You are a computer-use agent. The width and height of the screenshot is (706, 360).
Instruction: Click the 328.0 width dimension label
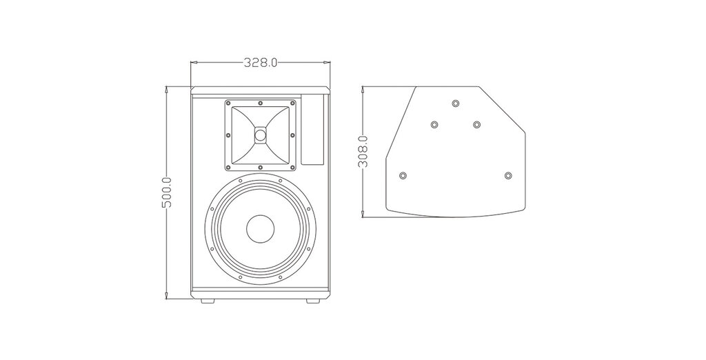(260, 62)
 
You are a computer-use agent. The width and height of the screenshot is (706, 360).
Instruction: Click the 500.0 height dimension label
(167, 192)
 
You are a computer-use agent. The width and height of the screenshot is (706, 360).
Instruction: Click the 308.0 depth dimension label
(363, 152)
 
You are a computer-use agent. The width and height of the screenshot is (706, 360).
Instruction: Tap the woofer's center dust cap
(260, 228)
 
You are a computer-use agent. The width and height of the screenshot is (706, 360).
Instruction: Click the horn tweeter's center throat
(260, 134)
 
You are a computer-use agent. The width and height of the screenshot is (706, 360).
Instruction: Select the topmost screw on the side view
(456, 103)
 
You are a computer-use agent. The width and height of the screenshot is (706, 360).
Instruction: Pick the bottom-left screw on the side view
(403, 174)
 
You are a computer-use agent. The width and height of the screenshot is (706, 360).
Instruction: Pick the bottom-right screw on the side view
(508, 174)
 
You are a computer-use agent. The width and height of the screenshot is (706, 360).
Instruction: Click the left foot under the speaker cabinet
(208, 300)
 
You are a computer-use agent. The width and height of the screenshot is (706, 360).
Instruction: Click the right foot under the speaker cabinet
(313, 300)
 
